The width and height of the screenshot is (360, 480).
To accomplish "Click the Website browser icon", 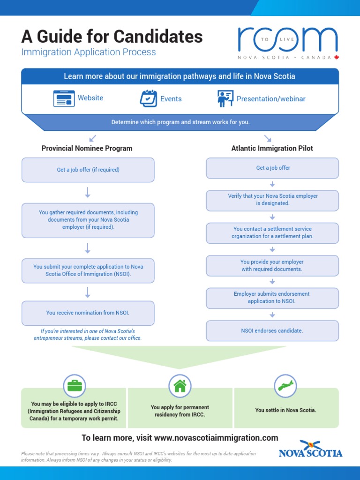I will pyautogui.click(x=64, y=98).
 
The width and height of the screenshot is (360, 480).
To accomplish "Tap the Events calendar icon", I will pyautogui.click(x=149, y=98).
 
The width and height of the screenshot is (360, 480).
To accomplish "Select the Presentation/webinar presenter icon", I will pyautogui.click(x=225, y=98).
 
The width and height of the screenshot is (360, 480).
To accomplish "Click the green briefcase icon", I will pyautogui.click(x=75, y=386).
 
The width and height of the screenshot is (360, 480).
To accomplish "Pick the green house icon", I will pyautogui.click(x=180, y=386).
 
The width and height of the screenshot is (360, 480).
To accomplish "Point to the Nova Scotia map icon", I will pyautogui.click(x=285, y=386).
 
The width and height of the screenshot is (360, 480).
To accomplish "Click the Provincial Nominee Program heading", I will pyautogui.click(x=87, y=148).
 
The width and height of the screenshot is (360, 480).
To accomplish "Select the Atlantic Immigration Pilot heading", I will pyautogui.click(x=272, y=148).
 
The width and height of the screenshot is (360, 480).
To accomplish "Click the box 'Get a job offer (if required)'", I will pyautogui.click(x=88, y=170).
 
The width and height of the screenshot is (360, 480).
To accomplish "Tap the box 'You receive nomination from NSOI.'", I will pyautogui.click(x=88, y=313).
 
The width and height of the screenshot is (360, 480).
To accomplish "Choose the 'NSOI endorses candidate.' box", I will pyautogui.click(x=272, y=330).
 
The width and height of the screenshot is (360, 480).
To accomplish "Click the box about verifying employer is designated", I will pyautogui.click(x=272, y=200).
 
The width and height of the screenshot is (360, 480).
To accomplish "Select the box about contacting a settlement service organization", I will pyautogui.click(x=272, y=233).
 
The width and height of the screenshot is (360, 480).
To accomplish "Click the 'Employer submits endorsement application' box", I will pyautogui.click(x=272, y=298).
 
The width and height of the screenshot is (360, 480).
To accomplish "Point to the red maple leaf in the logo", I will pyautogui.click(x=336, y=57).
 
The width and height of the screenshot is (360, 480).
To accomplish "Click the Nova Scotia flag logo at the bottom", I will pyautogui.click(x=310, y=449).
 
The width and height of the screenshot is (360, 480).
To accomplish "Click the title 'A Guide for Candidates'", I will pyautogui.click(x=112, y=36).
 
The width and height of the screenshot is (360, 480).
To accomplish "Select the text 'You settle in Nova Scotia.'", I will pyautogui.click(x=285, y=410).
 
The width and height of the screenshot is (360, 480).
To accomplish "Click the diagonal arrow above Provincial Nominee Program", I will pyautogui.click(x=92, y=138).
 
